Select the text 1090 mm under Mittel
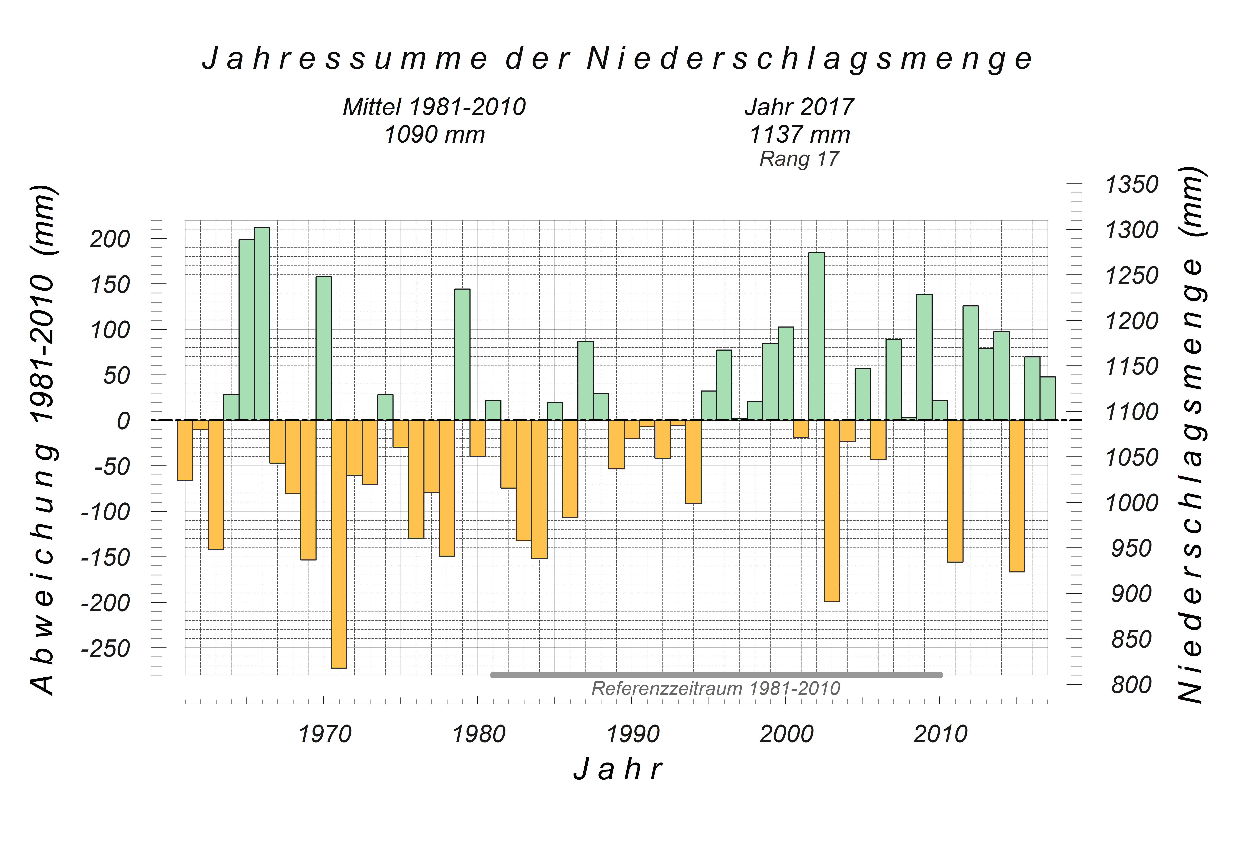tap(434, 134)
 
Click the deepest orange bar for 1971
tap(339, 543)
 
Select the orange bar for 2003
tap(832, 510)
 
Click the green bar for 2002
tap(816, 336)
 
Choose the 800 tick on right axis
tap(1132, 685)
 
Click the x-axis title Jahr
tap(618, 769)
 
